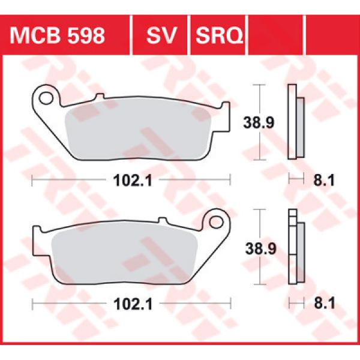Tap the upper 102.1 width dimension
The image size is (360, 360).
tap(131, 179)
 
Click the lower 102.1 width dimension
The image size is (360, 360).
tap(131, 304)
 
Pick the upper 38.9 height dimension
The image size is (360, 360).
tap(259, 123)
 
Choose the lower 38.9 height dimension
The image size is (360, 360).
tap(259, 248)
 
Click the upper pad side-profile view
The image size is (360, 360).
tap(296, 123)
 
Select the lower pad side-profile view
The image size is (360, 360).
tap(296, 248)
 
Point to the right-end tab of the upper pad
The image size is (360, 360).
tap(226, 114)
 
